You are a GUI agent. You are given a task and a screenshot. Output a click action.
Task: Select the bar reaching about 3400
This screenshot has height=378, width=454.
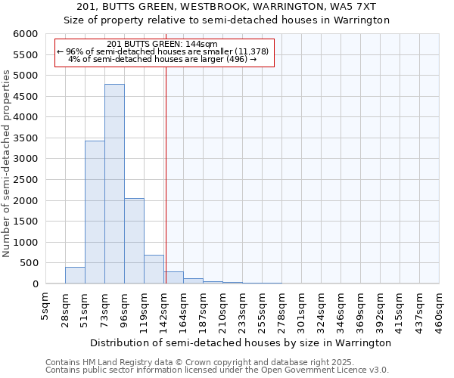click(x=95, y=212)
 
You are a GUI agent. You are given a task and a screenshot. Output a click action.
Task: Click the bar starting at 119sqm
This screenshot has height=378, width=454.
click(x=154, y=269)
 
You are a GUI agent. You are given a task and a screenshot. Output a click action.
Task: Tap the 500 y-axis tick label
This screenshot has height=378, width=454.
click(x=30, y=263)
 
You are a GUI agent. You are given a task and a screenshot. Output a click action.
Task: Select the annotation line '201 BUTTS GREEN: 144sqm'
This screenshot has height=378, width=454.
click(x=163, y=44)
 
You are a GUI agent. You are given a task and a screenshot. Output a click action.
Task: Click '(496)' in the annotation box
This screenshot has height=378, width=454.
click(x=237, y=58)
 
